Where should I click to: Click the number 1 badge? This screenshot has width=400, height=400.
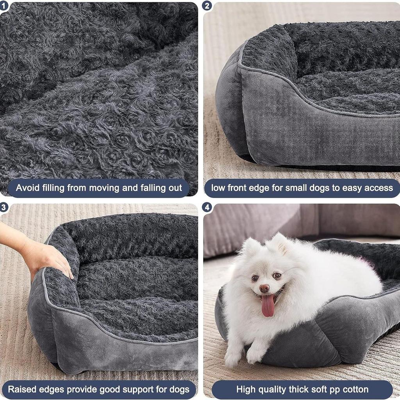tap(4, 5)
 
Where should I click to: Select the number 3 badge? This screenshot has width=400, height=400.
tap(4, 207)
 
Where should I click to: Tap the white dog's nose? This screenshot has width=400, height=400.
tap(264, 289)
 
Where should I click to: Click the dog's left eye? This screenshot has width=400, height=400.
tap(277, 276)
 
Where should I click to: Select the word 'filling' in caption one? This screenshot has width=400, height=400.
tap(52, 188)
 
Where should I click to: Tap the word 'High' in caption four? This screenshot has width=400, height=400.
tap(246, 389)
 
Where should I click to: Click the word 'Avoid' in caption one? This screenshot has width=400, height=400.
tap(27, 188)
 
